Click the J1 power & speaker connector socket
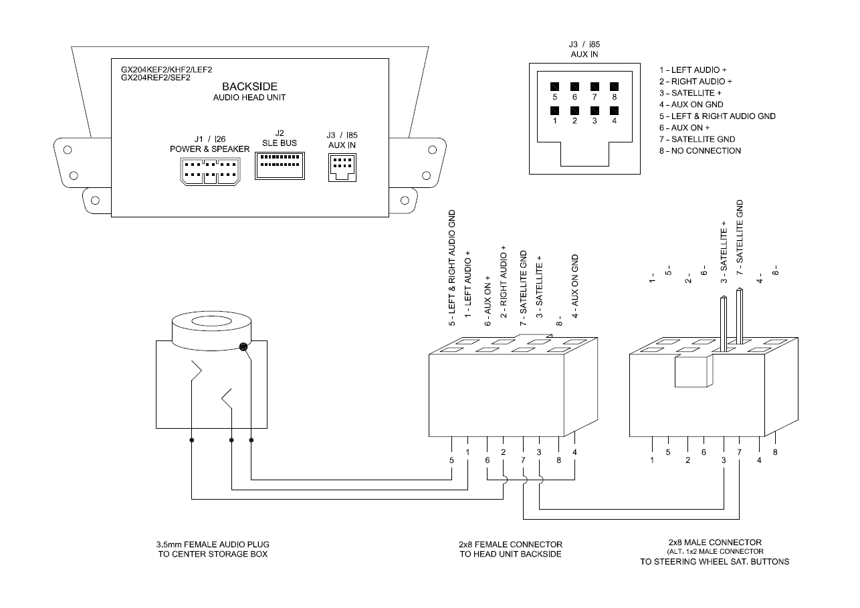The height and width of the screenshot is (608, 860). click(x=211, y=172)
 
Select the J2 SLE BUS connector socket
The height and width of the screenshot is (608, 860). click(x=280, y=166)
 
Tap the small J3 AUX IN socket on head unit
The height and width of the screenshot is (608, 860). click(x=342, y=167)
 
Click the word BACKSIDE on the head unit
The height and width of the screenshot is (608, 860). click(x=250, y=86)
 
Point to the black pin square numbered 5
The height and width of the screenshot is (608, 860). click(x=555, y=86)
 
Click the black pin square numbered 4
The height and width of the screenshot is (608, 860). click(x=615, y=110)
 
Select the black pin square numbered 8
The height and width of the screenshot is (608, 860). click(x=615, y=86)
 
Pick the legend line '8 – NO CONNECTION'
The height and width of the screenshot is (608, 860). click(x=700, y=151)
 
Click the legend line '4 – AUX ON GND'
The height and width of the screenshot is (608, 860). click(x=691, y=104)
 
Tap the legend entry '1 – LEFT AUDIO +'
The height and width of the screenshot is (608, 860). click(x=693, y=70)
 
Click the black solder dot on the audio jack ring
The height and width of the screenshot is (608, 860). click(x=243, y=347)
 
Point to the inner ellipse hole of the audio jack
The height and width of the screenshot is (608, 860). click(x=211, y=321)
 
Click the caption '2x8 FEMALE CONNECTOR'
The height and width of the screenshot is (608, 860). click(x=511, y=544)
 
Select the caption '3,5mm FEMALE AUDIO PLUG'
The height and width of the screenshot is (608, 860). click(x=213, y=544)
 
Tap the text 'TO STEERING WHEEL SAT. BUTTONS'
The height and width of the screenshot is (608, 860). click(x=715, y=562)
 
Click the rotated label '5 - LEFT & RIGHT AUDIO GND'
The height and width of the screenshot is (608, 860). click(x=452, y=268)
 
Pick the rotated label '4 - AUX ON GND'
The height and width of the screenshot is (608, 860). click(x=574, y=286)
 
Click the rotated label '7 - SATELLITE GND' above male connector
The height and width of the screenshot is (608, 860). click(x=740, y=237)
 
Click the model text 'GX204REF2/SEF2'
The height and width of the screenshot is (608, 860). click(x=156, y=78)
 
